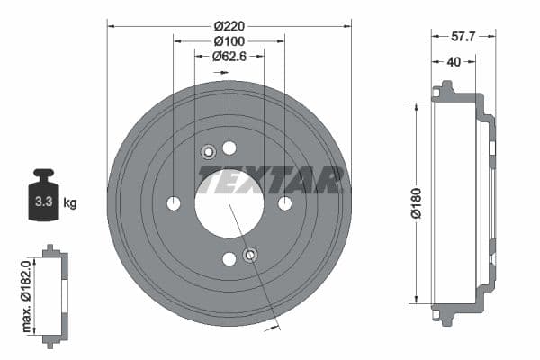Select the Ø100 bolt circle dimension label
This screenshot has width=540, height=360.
point(229,40)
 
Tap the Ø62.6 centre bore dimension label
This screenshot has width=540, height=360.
point(229,56)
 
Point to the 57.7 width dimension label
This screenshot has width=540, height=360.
point(463,37)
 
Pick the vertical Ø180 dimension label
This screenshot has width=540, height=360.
point(416,202)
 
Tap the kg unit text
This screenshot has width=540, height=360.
point(70,203)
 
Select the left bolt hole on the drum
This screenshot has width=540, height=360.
point(174,203)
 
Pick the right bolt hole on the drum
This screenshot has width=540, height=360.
point(285,203)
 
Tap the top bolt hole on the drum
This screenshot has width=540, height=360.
point(229,148)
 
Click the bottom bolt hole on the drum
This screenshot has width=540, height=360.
point(229,259)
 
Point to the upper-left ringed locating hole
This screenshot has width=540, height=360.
point(208,151)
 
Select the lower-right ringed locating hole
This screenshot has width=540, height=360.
point(250,256)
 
